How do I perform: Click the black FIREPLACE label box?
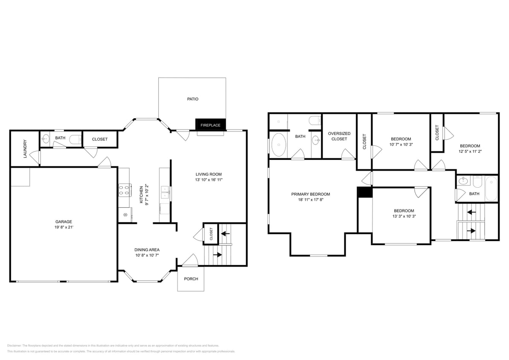pos(210,125)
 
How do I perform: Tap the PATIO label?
pos(192,99)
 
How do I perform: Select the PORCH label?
pos(191,279)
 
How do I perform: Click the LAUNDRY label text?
pos(25,148)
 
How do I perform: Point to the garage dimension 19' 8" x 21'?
pos(64,227)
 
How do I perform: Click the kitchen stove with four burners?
pos(124,190)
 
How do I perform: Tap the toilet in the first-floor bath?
pos(76,139)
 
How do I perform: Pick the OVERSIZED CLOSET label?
pos(339,136)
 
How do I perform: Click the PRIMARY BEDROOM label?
pos(311,194)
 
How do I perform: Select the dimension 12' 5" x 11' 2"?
pos(469,151)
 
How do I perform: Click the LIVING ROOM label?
pos(209,174)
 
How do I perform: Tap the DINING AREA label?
pos(147,250)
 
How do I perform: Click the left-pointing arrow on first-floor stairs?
pos(225,233)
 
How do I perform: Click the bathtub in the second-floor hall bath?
pos(491,189)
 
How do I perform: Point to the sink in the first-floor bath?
pos(46,139)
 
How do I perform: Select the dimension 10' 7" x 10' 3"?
pos(401,145)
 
